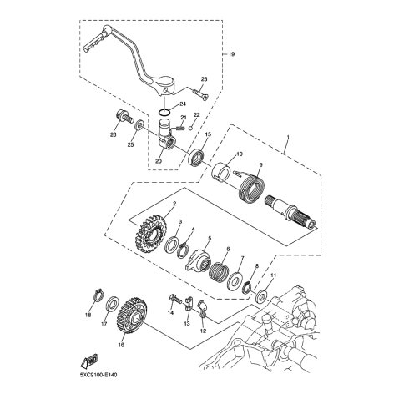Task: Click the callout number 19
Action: pos(231,54)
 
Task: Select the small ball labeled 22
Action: pos(190,128)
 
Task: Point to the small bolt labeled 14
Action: pos(175,300)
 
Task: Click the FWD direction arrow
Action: pos(89,361)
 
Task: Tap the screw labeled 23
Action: pos(201,93)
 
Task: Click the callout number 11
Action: pos(274,275)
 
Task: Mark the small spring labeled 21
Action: pos(180,128)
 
